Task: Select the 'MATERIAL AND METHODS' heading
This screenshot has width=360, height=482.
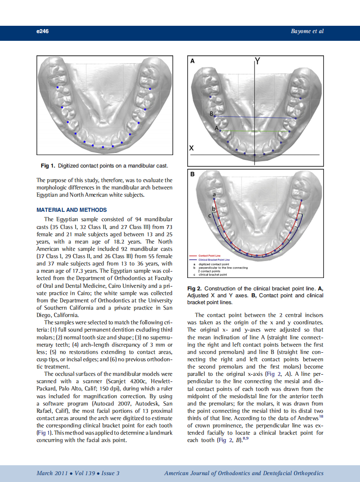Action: pos(72,210)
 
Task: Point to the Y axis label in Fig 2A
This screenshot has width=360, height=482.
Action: pos(257,61)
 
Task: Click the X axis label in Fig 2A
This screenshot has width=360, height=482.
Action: pos(192,148)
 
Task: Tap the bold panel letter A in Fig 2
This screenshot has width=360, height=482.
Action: pos(192,61)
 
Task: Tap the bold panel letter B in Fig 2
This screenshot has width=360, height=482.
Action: pos(192,175)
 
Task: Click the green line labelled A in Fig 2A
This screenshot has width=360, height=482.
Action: pos(253,131)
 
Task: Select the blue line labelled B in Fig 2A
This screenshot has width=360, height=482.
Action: pos(253,117)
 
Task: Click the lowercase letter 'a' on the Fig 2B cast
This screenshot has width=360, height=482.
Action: pos(214,195)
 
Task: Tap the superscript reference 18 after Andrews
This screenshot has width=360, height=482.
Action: pos(321,415)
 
